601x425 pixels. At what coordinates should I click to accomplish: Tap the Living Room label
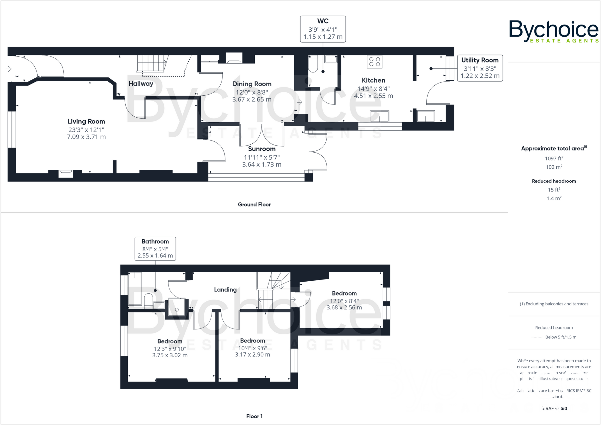[86, 121]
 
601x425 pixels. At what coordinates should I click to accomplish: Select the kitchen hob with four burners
[375, 62]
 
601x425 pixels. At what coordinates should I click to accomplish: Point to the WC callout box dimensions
[323, 33]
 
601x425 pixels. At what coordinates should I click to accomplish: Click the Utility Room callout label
[480, 60]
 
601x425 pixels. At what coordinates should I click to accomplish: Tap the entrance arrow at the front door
[9, 69]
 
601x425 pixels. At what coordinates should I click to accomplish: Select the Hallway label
[141, 84]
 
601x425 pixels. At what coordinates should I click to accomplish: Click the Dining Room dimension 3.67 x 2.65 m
[252, 99]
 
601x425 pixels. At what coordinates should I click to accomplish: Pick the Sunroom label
[262, 149]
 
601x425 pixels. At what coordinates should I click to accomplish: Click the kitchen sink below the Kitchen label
[379, 116]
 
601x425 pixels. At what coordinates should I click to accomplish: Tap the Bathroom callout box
[155, 248]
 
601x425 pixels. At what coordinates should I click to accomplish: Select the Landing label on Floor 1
[225, 289]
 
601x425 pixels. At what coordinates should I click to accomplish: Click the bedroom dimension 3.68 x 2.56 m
[344, 307]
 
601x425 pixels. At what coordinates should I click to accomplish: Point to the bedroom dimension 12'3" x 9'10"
[170, 348]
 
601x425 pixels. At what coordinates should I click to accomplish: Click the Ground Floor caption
[254, 204]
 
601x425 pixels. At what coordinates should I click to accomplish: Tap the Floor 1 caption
[254, 416]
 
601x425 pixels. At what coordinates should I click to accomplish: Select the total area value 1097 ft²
[554, 158]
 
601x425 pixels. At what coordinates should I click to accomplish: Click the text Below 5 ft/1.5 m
[561, 337]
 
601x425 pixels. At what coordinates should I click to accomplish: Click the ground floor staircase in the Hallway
[152, 63]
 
